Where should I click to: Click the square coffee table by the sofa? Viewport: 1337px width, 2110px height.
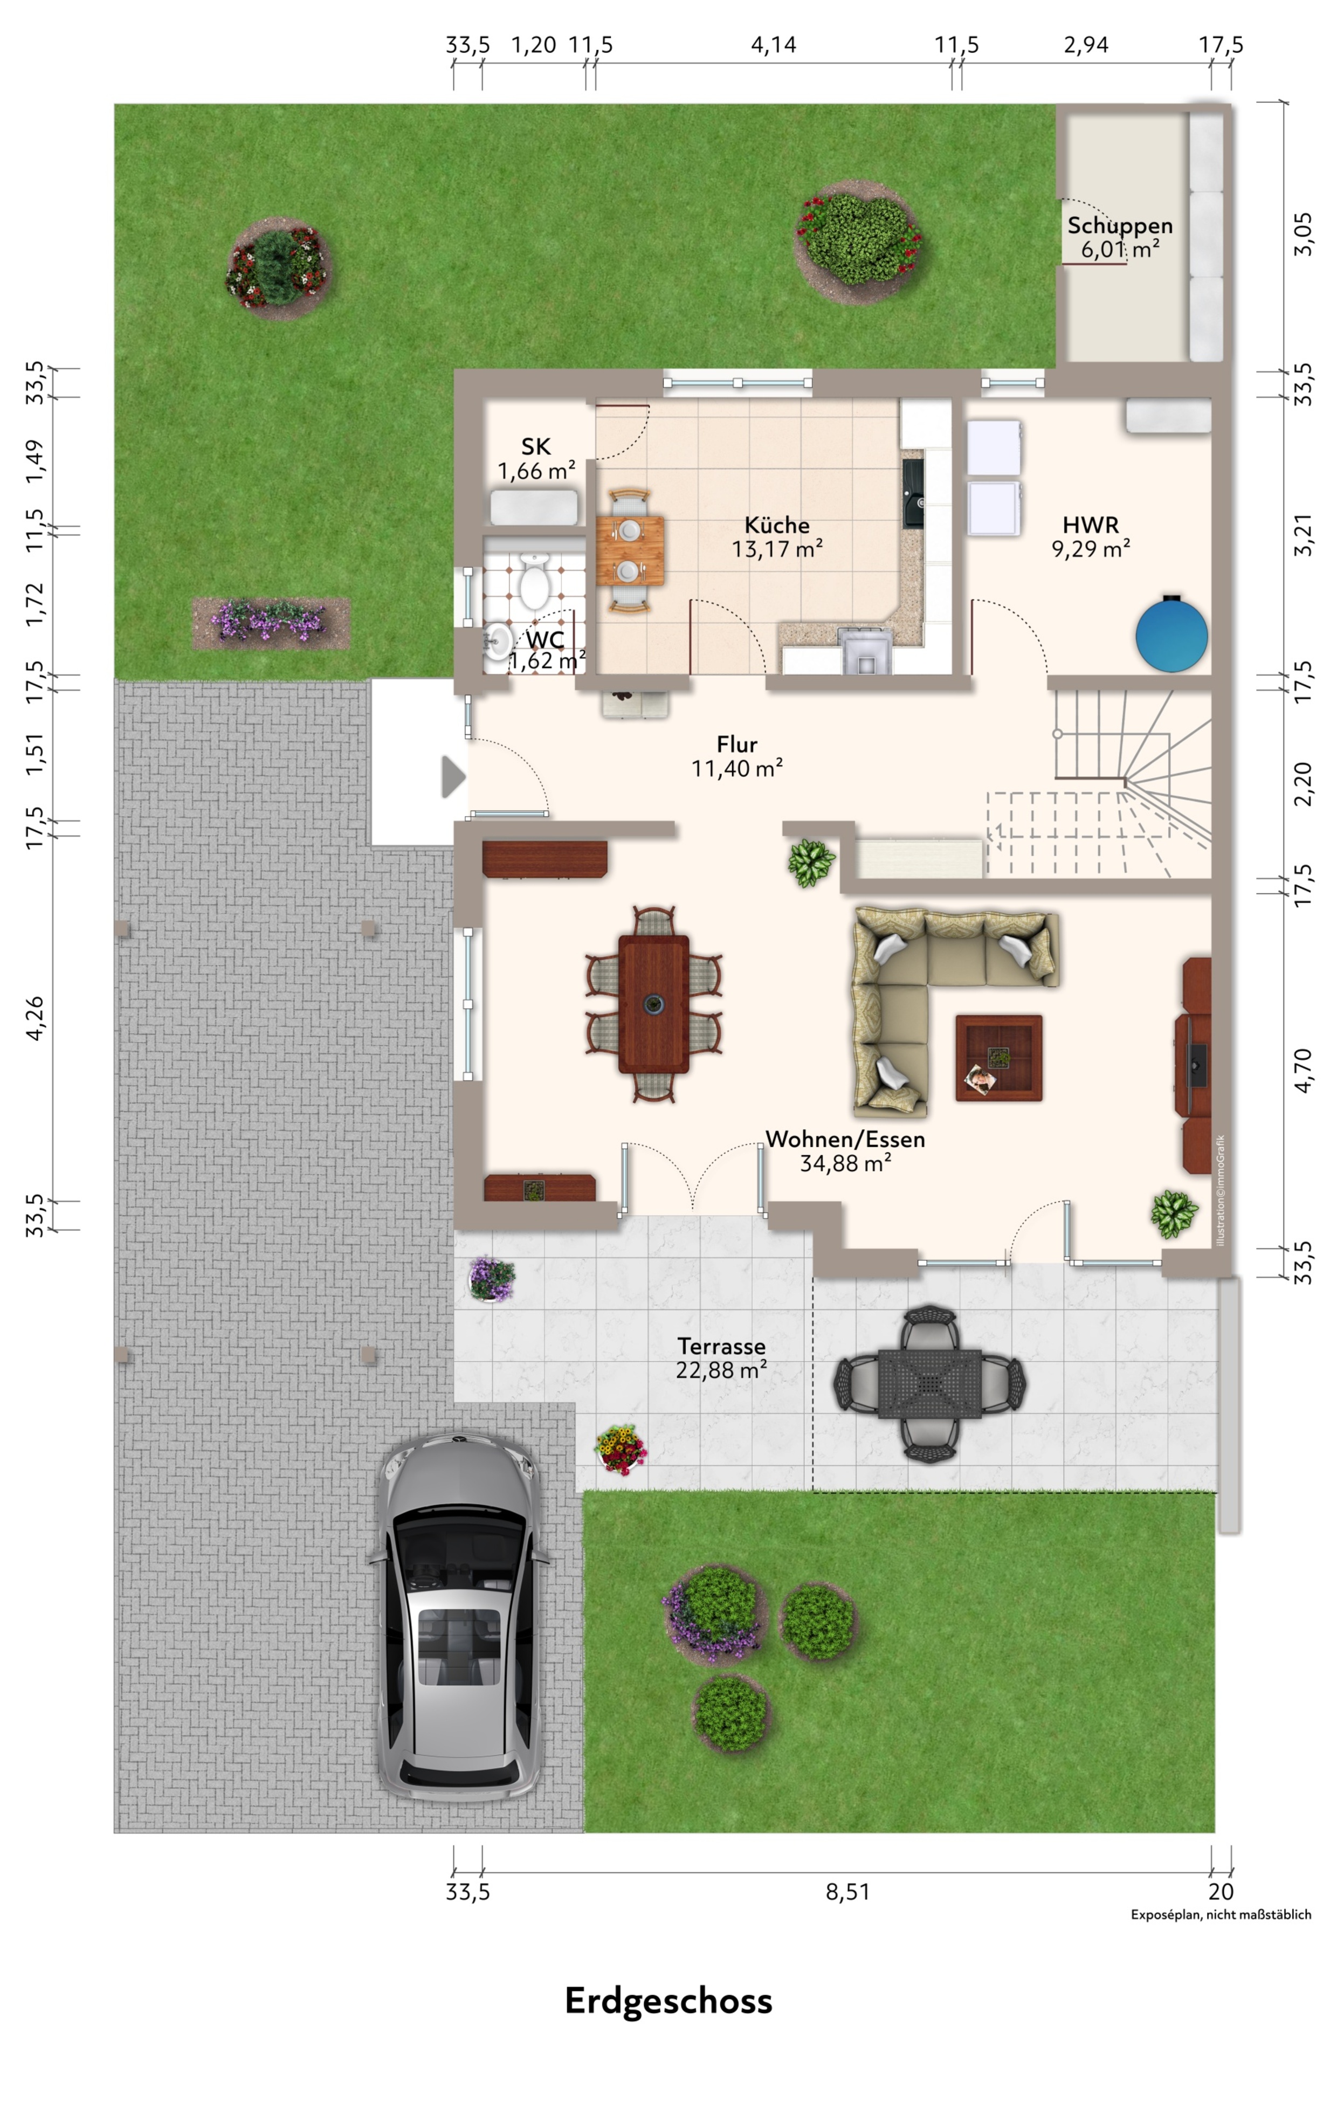[x=999, y=1058]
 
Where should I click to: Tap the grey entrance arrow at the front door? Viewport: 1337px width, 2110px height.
[x=453, y=776]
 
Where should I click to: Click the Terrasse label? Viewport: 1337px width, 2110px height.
[x=721, y=1346]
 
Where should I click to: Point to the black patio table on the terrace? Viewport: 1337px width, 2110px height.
[x=929, y=1384]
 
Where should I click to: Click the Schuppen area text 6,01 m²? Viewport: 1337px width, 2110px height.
[x=1120, y=250]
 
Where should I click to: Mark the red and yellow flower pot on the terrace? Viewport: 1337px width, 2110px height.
[x=621, y=1449]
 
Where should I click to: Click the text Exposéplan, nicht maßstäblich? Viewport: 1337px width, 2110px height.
[x=1221, y=1915]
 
